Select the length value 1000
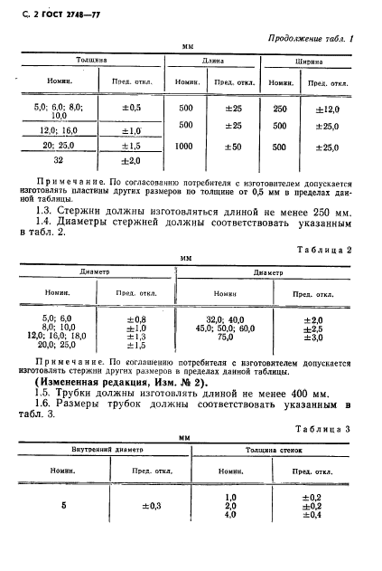187,145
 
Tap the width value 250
280,108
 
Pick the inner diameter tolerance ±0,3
137,505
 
